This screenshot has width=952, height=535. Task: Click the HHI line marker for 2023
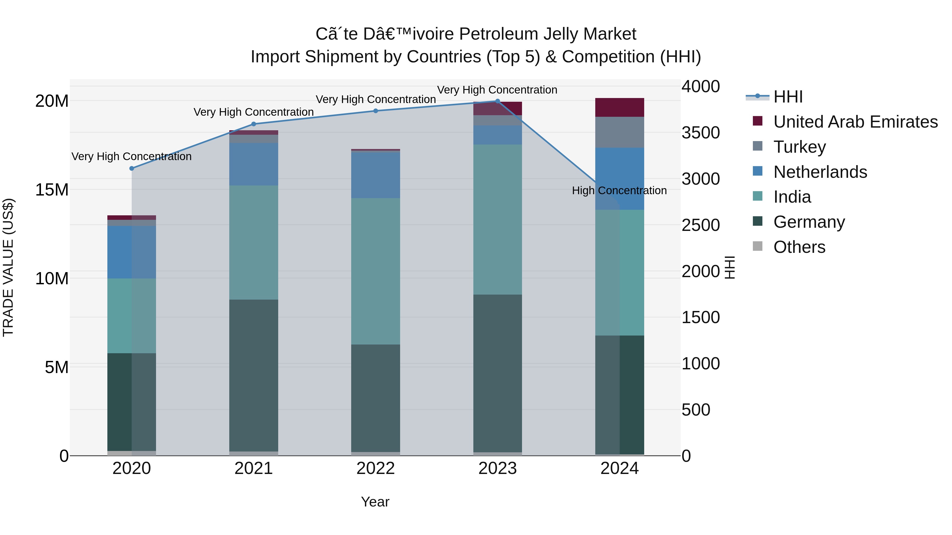point(497,101)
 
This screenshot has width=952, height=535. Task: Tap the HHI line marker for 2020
point(132,168)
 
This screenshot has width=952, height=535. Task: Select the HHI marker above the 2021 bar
point(254,124)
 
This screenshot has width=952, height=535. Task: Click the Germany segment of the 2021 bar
point(254,375)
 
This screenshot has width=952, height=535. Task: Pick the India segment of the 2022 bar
point(376,271)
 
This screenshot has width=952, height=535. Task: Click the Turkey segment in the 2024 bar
point(619,132)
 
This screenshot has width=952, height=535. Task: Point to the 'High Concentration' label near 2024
point(619,190)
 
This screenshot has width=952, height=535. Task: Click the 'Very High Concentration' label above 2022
point(376,99)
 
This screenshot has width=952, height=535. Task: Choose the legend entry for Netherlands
point(820,172)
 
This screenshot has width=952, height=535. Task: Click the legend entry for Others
point(799,247)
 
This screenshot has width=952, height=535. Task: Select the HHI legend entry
point(788,97)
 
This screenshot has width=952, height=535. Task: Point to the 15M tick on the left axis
point(52,190)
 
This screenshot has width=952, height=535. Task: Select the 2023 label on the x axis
point(497,468)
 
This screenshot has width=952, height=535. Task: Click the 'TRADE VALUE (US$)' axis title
point(8,267)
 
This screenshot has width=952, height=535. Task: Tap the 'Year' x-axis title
point(375,502)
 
